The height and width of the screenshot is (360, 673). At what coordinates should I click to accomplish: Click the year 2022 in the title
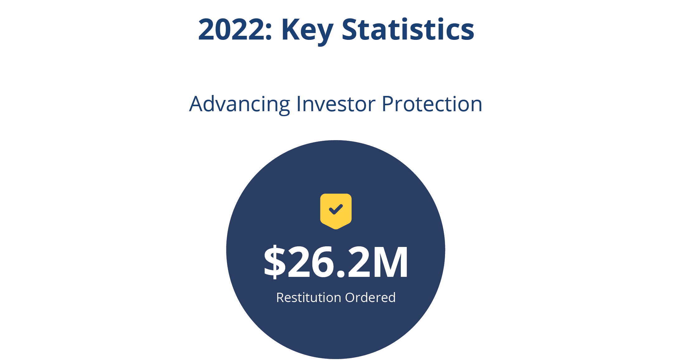(231, 30)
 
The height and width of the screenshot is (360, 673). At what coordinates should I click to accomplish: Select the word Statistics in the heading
(408, 29)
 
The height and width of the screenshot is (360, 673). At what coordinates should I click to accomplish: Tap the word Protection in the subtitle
(432, 104)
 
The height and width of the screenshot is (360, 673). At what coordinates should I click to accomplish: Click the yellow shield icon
(336, 211)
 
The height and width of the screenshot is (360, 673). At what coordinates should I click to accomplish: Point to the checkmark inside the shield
(336, 209)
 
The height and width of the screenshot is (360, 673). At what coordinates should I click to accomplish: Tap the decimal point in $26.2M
(341, 273)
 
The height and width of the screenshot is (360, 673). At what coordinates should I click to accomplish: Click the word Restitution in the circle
(309, 297)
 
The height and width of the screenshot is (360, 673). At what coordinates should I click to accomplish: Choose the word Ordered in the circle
(370, 297)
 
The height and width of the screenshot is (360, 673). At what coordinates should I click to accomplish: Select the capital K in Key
(291, 30)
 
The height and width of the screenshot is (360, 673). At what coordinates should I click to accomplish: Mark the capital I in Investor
(299, 104)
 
